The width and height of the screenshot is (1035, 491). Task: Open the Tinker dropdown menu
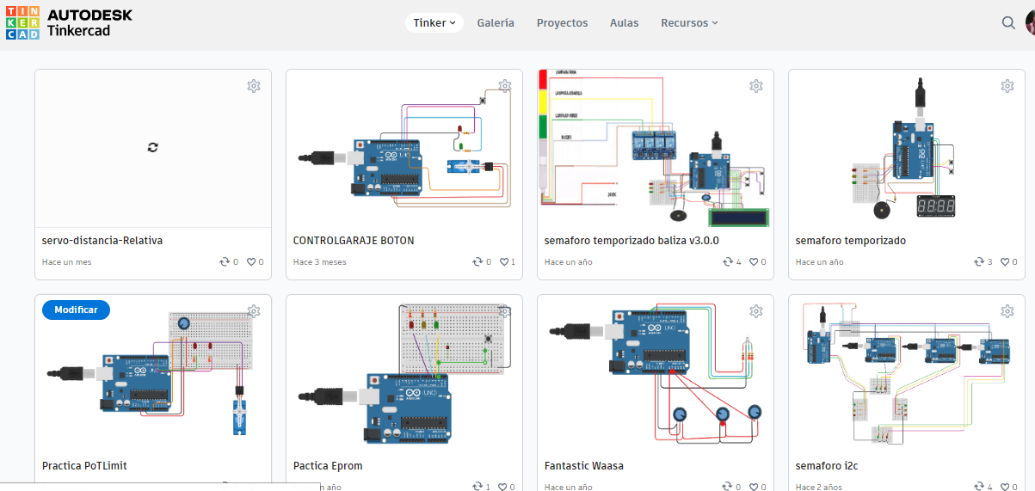(434, 23)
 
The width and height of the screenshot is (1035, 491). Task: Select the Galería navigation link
(496, 23)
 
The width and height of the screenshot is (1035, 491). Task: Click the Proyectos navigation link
(562, 23)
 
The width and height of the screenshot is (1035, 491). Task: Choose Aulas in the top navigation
(624, 23)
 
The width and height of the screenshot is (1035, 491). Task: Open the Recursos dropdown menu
(688, 23)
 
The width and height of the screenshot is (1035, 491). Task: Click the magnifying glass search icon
(1008, 23)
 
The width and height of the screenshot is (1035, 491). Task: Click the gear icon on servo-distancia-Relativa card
(254, 86)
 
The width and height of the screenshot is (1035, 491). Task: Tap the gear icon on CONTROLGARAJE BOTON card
(505, 86)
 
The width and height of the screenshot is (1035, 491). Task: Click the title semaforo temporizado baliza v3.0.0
(631, 241)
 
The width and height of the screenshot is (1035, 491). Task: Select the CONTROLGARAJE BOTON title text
(354, 241)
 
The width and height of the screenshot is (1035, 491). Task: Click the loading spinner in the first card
(153, 148)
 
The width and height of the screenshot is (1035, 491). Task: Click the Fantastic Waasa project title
(584, 466)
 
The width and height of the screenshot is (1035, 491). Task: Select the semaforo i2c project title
(827, 466)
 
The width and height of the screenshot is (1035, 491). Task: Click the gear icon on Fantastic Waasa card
(756, 311)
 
